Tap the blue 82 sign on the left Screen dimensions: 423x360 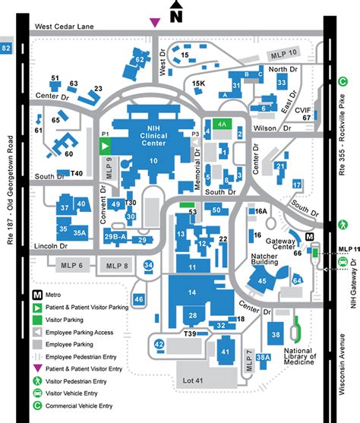8,49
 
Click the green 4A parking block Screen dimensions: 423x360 221,123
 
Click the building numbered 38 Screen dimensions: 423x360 276,334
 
